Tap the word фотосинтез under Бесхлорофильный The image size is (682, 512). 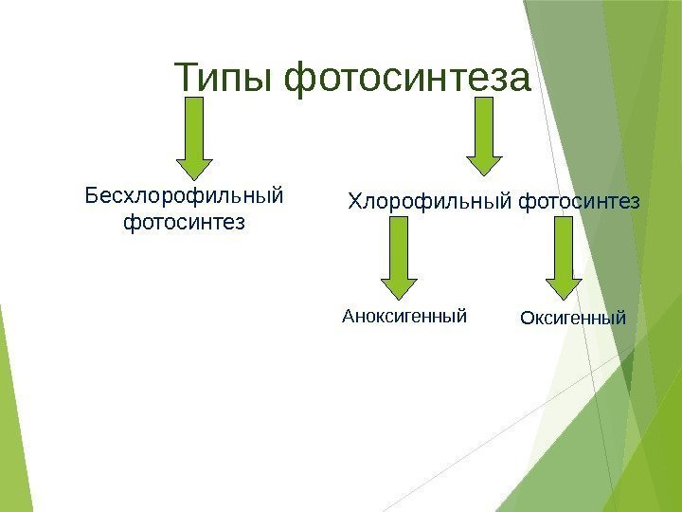coord(185,224)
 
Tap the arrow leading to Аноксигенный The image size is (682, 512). coord(399,256)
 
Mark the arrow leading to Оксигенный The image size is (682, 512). coord(565,256)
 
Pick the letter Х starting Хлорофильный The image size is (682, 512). coord(355,202)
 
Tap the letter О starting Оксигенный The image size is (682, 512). coord(528,318)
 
